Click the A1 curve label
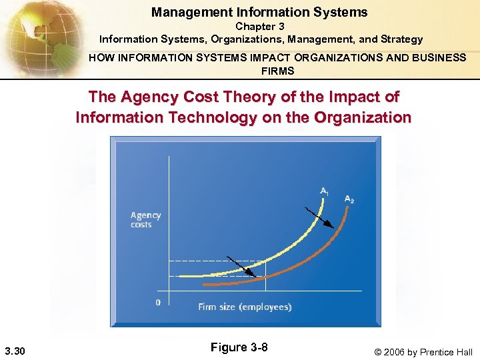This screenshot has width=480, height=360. (x=324, y=191)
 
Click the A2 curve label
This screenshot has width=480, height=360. (x=349, y=199)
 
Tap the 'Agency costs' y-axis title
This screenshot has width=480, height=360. (x=145, y=219)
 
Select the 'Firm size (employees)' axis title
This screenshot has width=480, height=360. (x=245, y=307)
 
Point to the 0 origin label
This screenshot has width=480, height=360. (x=158, y=302)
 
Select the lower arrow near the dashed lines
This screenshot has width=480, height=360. (x=240, y=265)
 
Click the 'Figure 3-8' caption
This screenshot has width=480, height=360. (x=239, y=347)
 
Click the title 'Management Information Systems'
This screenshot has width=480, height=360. (x=259, y=12)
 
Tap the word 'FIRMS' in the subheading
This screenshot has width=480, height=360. (x=278, y=71)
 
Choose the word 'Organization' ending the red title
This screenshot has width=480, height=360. (x=366, y=118)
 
